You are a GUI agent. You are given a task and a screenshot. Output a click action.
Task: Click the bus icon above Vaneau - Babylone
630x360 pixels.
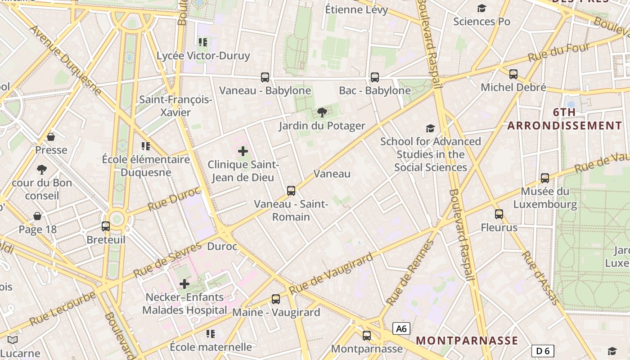[265, 77]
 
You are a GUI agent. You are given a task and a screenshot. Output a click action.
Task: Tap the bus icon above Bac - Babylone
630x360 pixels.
[375, 77]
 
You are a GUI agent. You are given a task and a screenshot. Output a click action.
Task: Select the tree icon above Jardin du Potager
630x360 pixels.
[322, 112]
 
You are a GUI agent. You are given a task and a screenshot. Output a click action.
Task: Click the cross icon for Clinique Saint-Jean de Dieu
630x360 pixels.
[243, 151]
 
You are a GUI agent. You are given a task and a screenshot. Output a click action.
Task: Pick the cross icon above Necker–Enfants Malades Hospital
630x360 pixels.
[184, 284]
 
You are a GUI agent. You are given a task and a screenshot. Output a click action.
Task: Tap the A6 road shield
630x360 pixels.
[401, 329]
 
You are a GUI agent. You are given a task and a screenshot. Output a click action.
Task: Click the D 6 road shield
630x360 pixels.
[543, 351]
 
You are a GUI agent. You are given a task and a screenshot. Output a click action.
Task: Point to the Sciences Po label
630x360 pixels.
[481, 21]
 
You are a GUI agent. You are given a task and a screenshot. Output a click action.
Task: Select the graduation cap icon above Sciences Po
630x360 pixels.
[482, 8]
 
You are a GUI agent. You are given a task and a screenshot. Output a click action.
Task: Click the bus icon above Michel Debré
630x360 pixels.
[513, 74]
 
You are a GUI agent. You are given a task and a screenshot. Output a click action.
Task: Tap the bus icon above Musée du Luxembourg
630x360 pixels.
[545, 178]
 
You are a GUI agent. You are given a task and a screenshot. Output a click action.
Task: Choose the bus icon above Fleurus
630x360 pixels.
[499, 214]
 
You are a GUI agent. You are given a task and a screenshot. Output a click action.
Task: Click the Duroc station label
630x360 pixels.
[222, 247]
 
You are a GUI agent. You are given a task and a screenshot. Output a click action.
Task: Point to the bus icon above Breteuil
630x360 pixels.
[106, 226]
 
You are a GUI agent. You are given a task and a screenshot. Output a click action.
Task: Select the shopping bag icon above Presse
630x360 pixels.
[51, 137]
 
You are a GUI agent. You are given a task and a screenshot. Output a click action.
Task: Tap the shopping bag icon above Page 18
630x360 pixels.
[37, 216]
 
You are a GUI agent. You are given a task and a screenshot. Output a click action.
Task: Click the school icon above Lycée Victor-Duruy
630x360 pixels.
[203, 42]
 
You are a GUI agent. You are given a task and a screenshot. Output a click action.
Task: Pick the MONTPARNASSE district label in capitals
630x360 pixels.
[467, 340]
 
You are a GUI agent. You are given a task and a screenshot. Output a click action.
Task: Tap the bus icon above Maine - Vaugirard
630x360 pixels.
[276, 299]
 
